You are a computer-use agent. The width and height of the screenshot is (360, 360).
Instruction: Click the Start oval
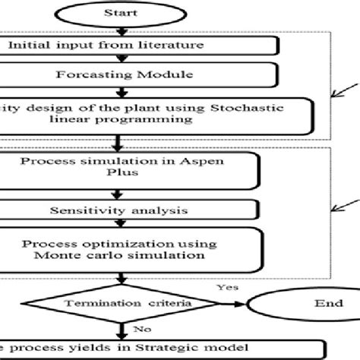pos(121,14)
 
